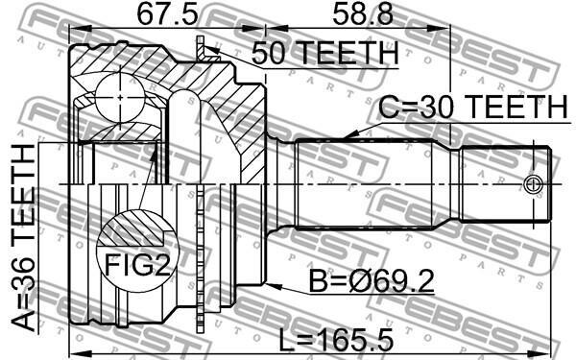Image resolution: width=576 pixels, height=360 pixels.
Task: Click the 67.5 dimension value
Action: pyautogui.click(x=167, y=14)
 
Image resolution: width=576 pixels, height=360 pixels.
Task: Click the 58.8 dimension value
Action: pyautogui.click(x=363, y=14)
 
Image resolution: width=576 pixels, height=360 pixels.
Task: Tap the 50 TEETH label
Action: pyautogui.click(x=325, y=53)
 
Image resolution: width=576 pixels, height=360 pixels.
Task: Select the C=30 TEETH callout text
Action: pyautogui.click(x=473, y=107)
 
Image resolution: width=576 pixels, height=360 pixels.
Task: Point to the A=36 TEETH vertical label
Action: pyautogui.click(x=23, y=238)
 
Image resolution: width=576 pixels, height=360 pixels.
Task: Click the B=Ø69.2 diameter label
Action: pyautogui.click(x=372, y=281)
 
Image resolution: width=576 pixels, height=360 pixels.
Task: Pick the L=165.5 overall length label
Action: pyautogui.click(x=336, y=339)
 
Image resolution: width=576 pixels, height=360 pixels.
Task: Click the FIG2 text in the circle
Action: pyautogui.click(x=137, y=265)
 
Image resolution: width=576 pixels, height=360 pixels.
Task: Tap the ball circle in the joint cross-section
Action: pyautogui.click(x=120, y=97)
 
